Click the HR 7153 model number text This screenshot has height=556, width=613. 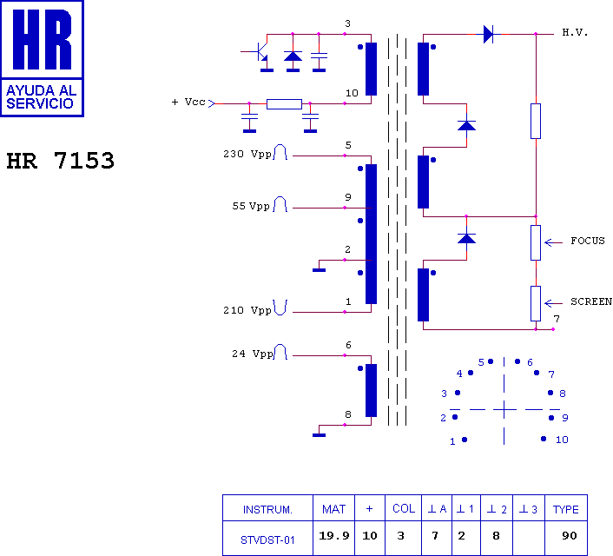(x=61, y=161)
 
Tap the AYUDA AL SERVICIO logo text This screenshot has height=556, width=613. (x=41, y=96)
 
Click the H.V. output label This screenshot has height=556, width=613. (x=575, y=32)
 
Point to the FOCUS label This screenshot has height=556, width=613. (x=587, y=241)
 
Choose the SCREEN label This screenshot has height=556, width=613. (x=591, y=301)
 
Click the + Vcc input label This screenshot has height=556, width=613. (x=188, y=103)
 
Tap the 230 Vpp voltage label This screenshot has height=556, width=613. (x=247, y=154)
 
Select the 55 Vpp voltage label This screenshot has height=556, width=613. (x=251, y=206)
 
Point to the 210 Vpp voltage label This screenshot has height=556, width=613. (x=247, y=310)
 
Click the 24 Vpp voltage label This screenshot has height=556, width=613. (x=253, y=354)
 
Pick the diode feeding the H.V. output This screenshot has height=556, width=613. (x=488, y=35)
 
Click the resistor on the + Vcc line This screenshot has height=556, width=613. (x=284, y=104)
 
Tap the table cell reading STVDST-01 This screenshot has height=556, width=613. (x=267, y=540)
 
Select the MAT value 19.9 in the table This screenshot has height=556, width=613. (x=334, y=536)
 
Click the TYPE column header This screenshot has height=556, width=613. (x=566, y=509)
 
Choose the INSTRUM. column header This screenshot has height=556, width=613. (x=267, y=509)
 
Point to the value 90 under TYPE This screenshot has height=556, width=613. (x=570, y=536)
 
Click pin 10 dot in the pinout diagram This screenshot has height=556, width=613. (x=544, y=439)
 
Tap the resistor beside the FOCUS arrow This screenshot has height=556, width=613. (x=536, y=242)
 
